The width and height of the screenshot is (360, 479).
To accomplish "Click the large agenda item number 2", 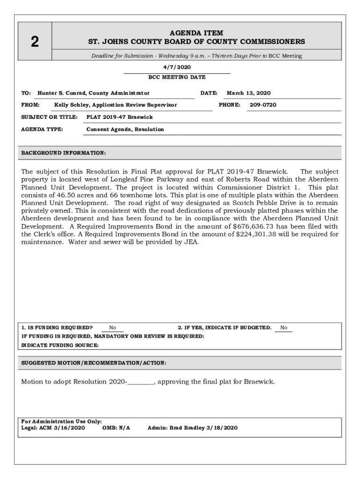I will pyautogui.click(x=35, y=42).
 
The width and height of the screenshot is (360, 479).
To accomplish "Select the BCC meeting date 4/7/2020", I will pyautogui.click(x=176, y=67).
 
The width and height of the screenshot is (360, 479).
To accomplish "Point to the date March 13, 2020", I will pyautogui.click(x=249, y=93).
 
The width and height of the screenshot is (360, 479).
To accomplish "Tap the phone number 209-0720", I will pyautogui.click(x=263, y=105).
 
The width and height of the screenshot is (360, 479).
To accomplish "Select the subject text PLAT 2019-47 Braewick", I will pyautogui.click(x=120, y=117).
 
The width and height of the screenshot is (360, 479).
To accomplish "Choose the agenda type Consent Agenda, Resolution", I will pyautogui.click(x=125, y=129).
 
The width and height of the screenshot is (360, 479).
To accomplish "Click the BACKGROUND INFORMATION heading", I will pyautogui.click(x=64, y=153).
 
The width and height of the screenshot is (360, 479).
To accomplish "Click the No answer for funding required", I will pyautogui.click(x=113, y=328).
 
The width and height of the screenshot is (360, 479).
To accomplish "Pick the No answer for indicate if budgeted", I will pyautogui.click(x=284, y=328).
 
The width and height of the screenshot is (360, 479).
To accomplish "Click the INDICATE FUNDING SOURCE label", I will pyautogui.click(x=60, y=345).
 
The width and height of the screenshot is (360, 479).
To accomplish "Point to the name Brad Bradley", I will pyautogui.click(x=189, y=428).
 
